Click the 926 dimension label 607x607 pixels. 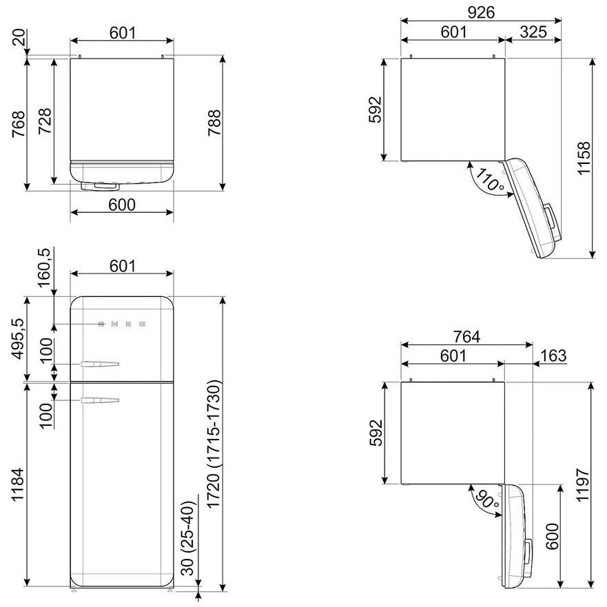(x=480, y=13)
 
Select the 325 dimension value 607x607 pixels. (x=533, y=32)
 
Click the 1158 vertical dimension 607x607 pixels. (x=584, y=158)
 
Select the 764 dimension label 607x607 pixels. (x=466, y=337)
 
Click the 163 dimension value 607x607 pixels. (x=553, y=356)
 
